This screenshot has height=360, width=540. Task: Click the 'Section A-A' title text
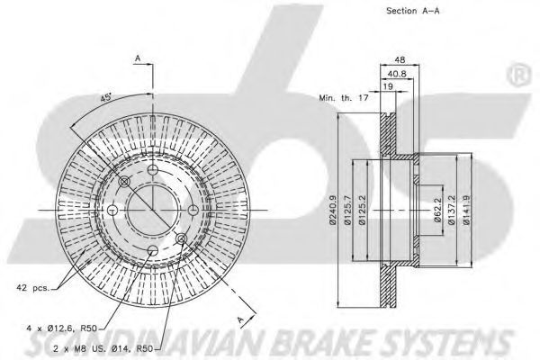coord(412,11)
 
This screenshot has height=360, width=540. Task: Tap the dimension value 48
coord(400,59)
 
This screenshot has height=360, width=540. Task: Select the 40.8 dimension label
coord(397,74)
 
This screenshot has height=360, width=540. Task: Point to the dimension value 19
coord(388,86)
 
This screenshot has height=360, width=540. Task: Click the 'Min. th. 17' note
coord(344,98)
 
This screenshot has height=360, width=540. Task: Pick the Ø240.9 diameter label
coord(333,210)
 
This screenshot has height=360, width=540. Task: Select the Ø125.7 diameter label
coord(347,210)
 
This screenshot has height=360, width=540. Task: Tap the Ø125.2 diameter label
coord(362,210)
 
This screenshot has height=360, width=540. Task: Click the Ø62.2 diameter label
coord(437,210)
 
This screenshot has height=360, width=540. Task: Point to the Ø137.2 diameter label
coord(452,210)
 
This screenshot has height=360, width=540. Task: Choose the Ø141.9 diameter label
coord(466,210)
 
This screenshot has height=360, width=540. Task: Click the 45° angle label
coord(105,97)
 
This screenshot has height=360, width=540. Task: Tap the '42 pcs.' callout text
coord(33,287)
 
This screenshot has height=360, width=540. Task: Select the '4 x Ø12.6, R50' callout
coord(62,328)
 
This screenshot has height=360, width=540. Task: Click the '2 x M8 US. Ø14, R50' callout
coord(103,348)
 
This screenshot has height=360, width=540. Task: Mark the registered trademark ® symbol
coord(517,75)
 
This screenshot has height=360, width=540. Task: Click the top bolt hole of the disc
coord(152,170)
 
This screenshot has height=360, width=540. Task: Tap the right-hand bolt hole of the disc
coord(193,210)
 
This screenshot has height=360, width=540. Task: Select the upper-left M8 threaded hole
coord(124,182)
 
